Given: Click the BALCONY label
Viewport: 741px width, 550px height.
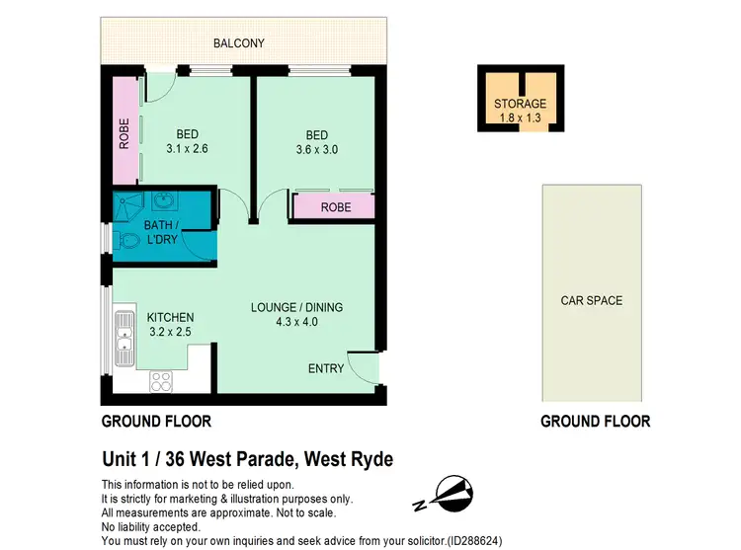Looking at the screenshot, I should pyautogui.click(x=243, y=43).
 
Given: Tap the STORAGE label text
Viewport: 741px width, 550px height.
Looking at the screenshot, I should pyautogui.click(x=520, y=104).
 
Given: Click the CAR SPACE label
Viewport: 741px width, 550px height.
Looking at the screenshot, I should pyautogui.click(x=592, y=300).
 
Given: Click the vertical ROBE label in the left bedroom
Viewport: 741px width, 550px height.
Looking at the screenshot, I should pyautogui.click(x=124, y=133).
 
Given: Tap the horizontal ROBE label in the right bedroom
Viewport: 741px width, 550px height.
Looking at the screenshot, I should pyautogui.click(x=333, y=208).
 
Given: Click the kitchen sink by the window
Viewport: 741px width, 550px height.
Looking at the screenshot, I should pyautogui.click(x=123, y=337).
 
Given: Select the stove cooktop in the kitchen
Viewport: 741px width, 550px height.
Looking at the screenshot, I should pyautogui.click(x=161, y=381).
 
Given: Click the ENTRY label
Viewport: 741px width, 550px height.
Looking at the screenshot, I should pyautogui.click(x=326, y=368).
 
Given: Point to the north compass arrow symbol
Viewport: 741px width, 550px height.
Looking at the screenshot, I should pyautogui.click(x=449, y=492).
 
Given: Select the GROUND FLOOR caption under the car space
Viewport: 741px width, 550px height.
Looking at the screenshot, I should pyautogui.click(x=595, y=421).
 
